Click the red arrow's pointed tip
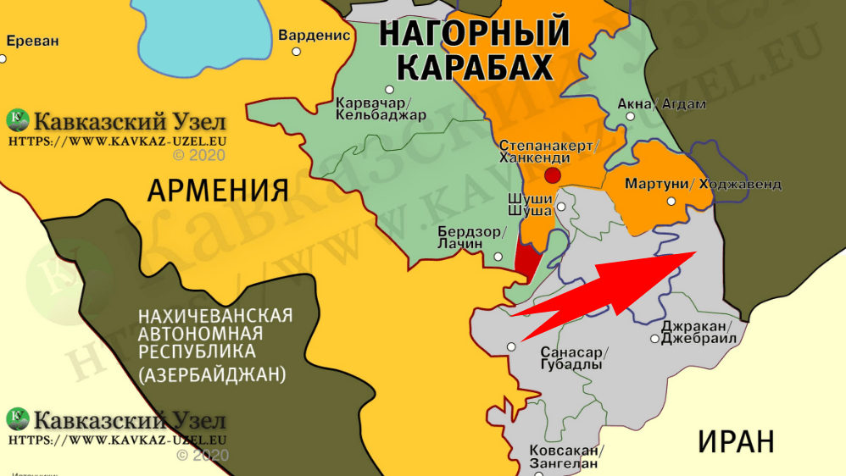pyautogui.click(x=695, y=252)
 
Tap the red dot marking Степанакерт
pyautogui.click(x=553, y=176)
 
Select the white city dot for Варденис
pyautogui.click(x=297, y=52)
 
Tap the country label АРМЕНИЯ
pyautogui.click(x=218, y=191)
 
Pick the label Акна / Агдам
pyautogui.click(x=650, y=104)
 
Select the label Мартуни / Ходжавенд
pyautogui.click(x=703, y=184)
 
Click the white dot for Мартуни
pyautogui.click(x=671, y=202)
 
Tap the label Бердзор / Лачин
pyautogui.click(x=472, y=237)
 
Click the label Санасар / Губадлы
pyautogui.click(x=572, y=358)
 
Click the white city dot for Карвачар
pyautogui.click(x=390, y=89)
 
